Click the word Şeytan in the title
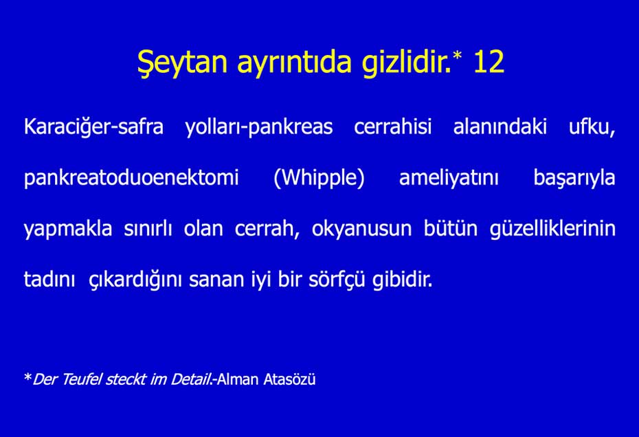tap(182, 63)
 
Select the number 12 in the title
tap(489, 62)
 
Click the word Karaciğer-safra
tap(93, 127)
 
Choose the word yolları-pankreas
tap(259, 127)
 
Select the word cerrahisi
tap(392, 126)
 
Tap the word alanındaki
tap(500, 126)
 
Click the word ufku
tap(592, 127)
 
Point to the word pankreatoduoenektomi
tap(131, 177)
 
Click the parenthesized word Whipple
tap(319, 178)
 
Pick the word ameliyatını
tap(449, 178)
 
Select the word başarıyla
tap(574, 178)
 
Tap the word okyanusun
tap(361, 229)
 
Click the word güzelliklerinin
tap(552, 229)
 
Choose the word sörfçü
tap(337, 280)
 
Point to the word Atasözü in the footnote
tap(289, 379)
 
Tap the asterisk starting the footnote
tap(27, 377)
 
